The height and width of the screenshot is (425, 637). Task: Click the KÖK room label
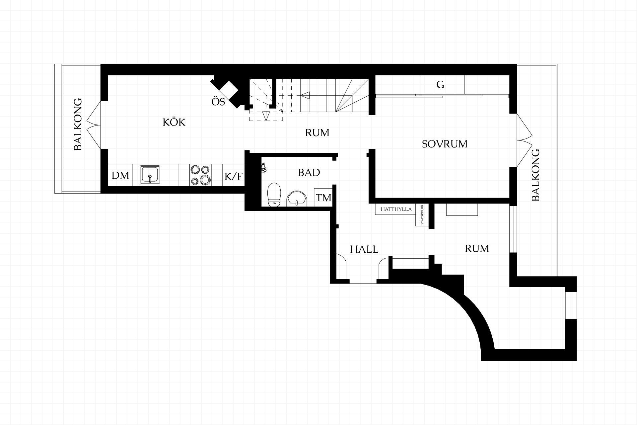coord(174,122)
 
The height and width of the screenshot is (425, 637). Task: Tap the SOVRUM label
coord(445,144)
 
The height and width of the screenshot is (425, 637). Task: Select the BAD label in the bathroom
coord(309,172)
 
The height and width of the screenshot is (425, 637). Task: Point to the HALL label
coord(364,249)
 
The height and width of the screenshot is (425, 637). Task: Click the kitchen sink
coord(150,175)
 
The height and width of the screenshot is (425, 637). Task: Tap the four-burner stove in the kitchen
coord(200,175)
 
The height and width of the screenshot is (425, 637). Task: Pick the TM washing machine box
coord(323,198)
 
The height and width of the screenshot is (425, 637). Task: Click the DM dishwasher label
coord(120,175)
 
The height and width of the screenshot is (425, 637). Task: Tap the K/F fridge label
coord(234,176)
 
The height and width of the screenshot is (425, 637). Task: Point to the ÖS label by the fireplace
coord(218,101)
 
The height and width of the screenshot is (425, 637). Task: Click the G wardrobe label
coord(440,85)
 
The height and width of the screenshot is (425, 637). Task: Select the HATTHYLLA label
coord(396,209)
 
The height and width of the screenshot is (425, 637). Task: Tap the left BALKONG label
coord(78,124)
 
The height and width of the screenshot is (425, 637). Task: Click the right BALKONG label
coord(535,175)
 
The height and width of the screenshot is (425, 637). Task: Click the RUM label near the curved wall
coord(477,248)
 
